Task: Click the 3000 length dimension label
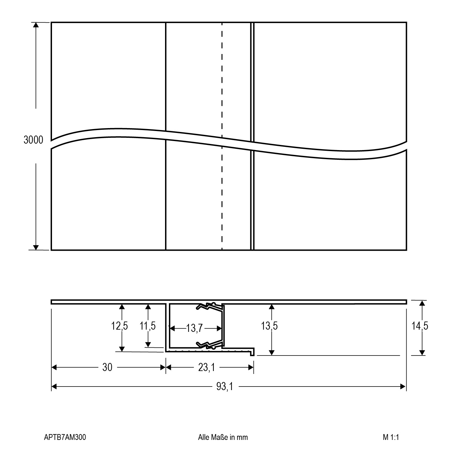coord(33,140)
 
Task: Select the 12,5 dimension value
coord(120,326)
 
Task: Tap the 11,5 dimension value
coord(148,326)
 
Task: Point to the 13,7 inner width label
coord(194,328)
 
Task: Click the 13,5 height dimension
coord(269,326)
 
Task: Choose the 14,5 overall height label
coord(420,326)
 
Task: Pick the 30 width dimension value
coord(107,367)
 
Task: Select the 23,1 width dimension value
coord(206,367)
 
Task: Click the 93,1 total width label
coord(224,386)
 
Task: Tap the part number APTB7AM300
coord(65,437)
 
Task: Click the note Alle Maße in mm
coord(223,437)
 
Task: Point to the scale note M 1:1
coord(391,437)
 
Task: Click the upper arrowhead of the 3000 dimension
coord(36,25)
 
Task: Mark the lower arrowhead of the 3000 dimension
coord(36,247)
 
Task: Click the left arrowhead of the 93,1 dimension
coord(54,386)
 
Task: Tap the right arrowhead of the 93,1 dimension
coord(403,386)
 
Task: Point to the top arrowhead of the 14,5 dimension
coord(422,303)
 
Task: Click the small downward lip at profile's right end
coord(252,353)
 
